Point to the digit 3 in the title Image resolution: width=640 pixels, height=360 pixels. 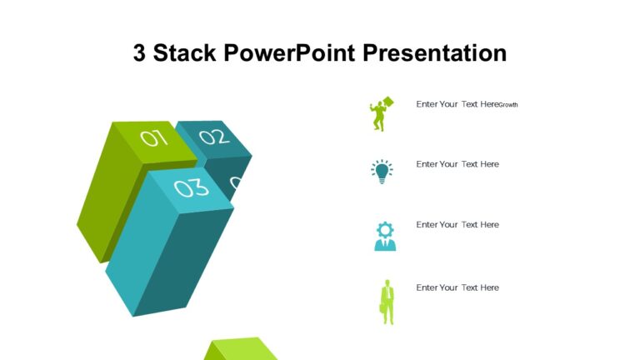click(140, 53)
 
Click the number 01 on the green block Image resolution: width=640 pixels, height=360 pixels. click(154, 137)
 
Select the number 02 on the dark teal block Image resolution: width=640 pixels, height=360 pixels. click(213, 137)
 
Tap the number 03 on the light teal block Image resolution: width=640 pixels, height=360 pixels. click(192, 188)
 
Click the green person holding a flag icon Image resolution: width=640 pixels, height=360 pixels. click(381, 114)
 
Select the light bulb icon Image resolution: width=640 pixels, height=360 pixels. click(382, 171)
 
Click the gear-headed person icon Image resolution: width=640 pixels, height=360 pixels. click(384, 236)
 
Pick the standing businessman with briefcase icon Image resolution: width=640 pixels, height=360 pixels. click(387, 301)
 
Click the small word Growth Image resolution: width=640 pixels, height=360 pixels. click(508, 105)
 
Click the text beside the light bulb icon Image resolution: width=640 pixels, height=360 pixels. click(457, 164)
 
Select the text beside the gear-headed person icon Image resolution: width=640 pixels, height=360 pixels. click(457, 225)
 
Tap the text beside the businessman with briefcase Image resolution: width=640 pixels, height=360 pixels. click(457, 287)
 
